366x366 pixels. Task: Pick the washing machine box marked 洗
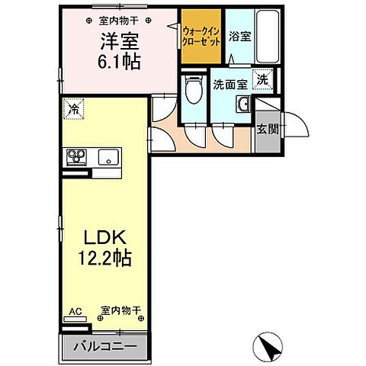pyautogui.click(x=262, y=78)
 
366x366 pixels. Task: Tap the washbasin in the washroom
pyautogui.click(x=244, y=105)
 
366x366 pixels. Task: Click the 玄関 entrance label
pyautogui.click(x=267, y=129)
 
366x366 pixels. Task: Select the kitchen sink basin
pyautogui.click(x=106, y=157)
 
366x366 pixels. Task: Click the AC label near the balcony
pyautogui.click(x=75, y=310)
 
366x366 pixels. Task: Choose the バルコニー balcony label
pyautogui.click(x=105, y=346)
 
